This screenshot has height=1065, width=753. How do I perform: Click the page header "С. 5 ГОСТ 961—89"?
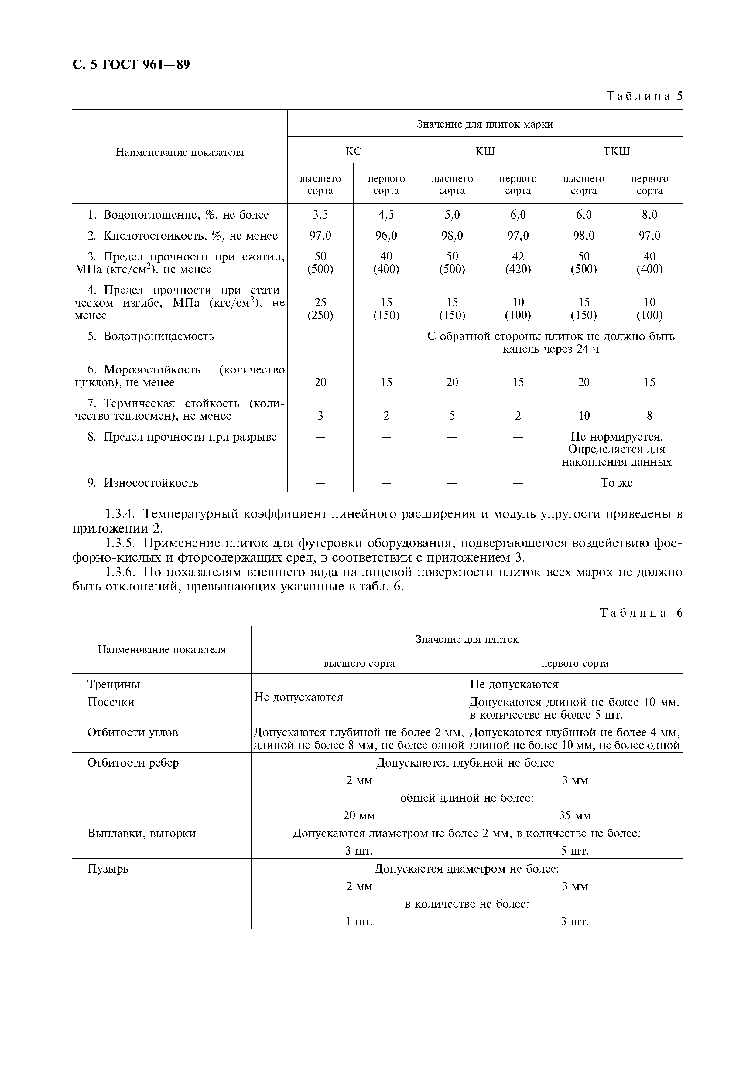click(131, 64)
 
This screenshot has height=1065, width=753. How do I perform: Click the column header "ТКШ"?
click(617, 151)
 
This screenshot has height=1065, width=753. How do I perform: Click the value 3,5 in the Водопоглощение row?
click(320, 215)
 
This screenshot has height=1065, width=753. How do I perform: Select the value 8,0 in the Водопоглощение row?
click(649, 215)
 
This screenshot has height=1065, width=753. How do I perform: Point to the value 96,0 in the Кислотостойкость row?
click(386, 236)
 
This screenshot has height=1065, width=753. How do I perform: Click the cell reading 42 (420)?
click(518, 263)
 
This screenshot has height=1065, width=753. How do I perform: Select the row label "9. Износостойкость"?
click(143, 483)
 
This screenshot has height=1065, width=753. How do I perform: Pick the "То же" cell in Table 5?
click(617, 483)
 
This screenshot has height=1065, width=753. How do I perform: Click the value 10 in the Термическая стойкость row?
click(584, 416)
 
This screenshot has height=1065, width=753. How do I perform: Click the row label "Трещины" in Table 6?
click(114, 684)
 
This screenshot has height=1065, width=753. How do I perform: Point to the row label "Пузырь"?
click(108, 868)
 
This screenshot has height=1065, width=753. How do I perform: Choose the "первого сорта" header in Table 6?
click(574, 663)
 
